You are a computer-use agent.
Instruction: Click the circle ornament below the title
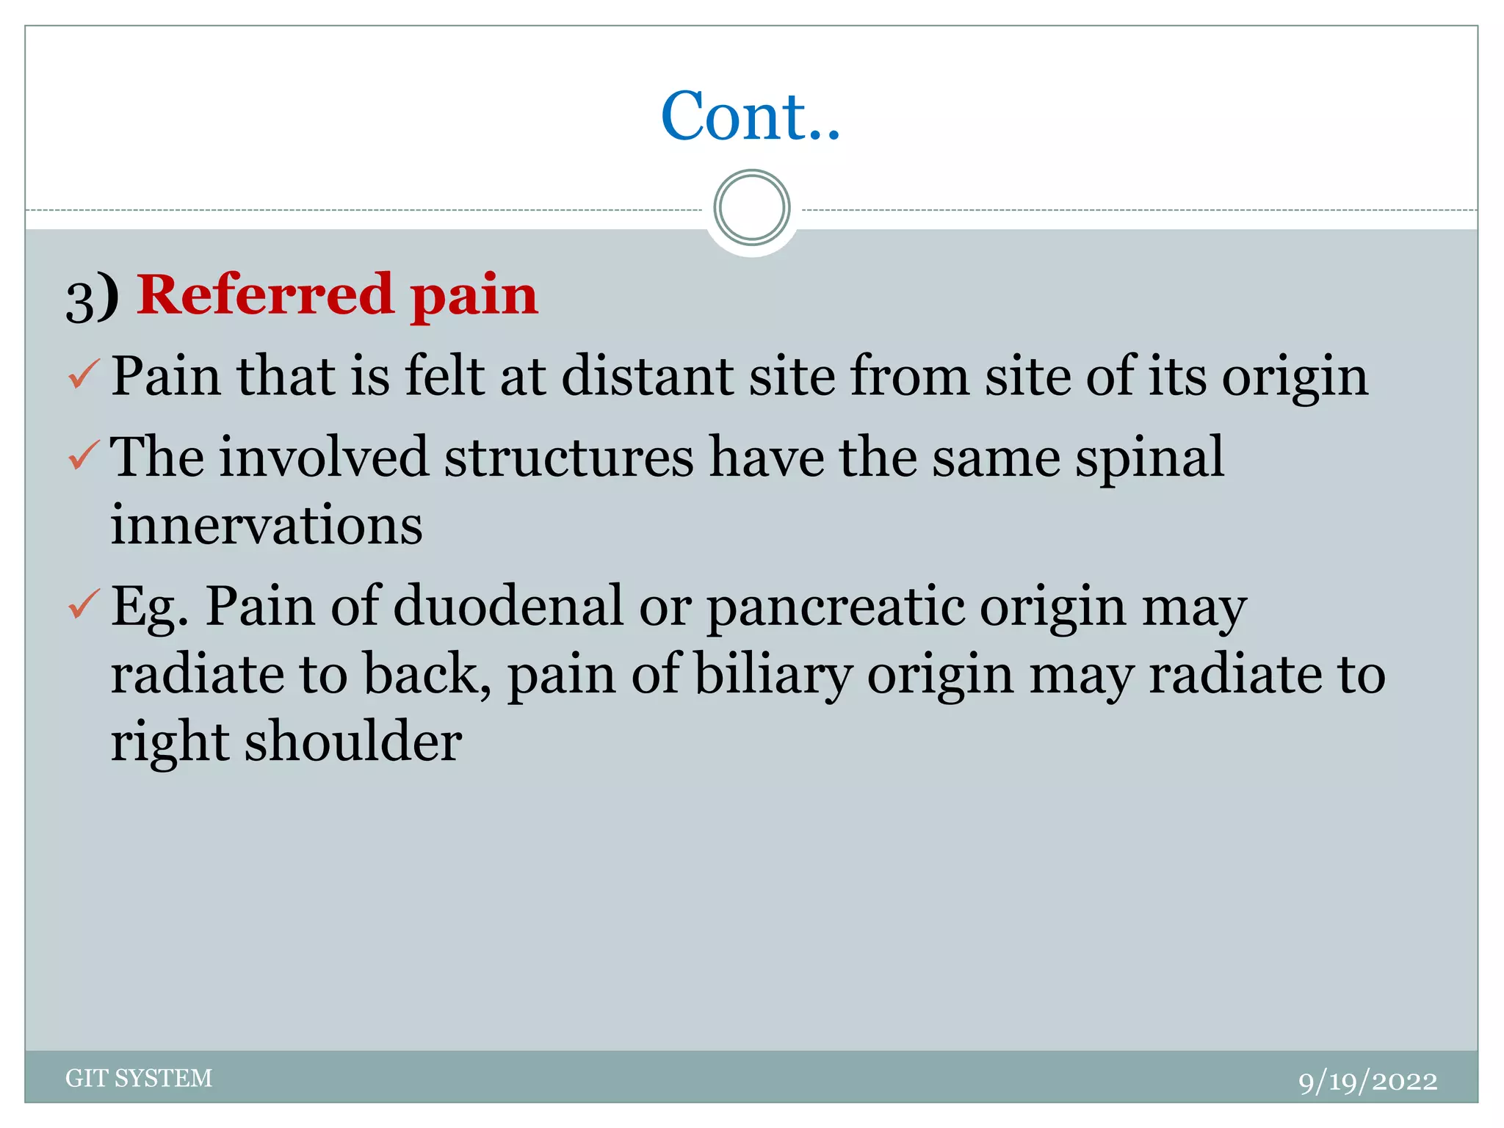pos(751,208)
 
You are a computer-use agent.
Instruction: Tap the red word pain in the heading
pos(474,296)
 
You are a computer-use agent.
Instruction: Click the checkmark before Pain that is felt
pos(83,375)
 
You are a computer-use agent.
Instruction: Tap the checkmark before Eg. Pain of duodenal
pos(83,604)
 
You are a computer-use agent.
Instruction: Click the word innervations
pos(267,525)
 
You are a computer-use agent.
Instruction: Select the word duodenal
pos(508,606)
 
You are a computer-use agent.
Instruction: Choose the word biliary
pos(773,674)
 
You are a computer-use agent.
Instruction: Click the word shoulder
pos(353,742)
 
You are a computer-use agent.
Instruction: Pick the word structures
pos(568,458)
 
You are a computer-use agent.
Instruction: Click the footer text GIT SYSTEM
pos(139,1077)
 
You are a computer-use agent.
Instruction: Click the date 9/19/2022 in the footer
pos(1367,1081)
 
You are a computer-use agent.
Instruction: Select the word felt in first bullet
pos(444,376)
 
